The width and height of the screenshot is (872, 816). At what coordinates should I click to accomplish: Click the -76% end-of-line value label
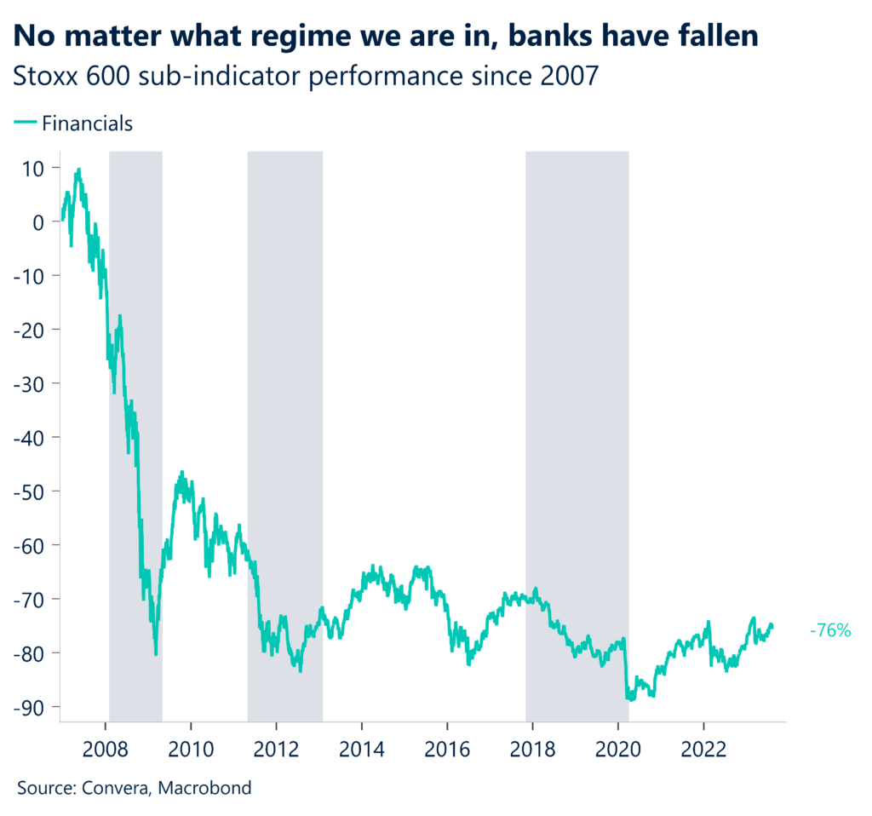click(x=829, y=630)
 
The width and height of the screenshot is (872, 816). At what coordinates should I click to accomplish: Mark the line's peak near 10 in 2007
click(x=78, y=170)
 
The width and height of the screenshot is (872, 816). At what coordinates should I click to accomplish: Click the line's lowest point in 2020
click(x=630, y=699)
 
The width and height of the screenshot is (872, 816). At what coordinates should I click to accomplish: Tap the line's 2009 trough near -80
click(x=155, y=654)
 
